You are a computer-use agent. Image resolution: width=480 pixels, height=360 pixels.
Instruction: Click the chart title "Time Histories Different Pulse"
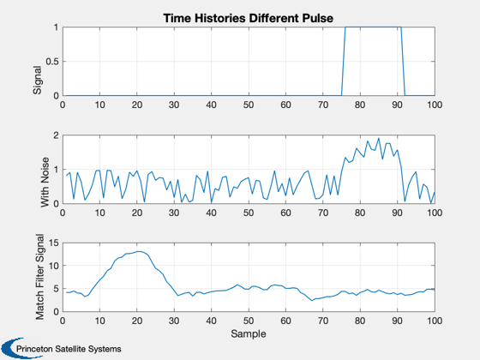point(249,18)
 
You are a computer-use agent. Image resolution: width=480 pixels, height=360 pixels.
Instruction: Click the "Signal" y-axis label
point(37,80)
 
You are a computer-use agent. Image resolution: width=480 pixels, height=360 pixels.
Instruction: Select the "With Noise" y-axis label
point(45,183)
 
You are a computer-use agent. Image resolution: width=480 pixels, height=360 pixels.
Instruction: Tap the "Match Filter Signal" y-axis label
point(39,277)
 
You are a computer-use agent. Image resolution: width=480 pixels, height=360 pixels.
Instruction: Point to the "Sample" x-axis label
point(249,333)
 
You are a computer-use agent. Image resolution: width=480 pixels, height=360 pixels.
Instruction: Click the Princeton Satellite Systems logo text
point(69,349)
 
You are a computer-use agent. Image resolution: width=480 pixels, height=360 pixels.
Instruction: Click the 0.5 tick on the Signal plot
point(52,62)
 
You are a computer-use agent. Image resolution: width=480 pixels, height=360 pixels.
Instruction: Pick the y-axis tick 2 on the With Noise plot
point(56,135)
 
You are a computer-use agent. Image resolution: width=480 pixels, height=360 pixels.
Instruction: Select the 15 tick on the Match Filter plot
point(53,243)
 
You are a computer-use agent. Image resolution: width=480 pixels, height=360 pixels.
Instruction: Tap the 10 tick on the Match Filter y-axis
point(53,266)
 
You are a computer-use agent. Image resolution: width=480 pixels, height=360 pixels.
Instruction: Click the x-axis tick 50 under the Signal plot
point(249,105)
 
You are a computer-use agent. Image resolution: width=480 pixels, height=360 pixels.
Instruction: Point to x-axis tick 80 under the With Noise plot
point(360,213)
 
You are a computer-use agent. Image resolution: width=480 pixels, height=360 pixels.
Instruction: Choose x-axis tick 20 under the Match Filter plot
point(137,321)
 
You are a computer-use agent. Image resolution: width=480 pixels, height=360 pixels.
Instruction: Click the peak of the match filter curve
point(139,251)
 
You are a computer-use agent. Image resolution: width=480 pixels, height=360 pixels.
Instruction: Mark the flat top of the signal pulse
point(373,27)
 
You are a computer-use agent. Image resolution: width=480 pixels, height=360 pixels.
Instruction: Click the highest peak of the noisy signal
point(379,138)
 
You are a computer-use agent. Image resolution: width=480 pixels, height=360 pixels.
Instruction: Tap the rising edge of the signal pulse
point(344,61)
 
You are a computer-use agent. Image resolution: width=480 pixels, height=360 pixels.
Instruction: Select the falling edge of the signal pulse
point(403,61)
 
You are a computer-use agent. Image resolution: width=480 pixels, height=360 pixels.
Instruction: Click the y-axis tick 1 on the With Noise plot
point(56,170)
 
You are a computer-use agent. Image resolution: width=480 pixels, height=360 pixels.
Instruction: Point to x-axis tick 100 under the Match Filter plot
point(435,321)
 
